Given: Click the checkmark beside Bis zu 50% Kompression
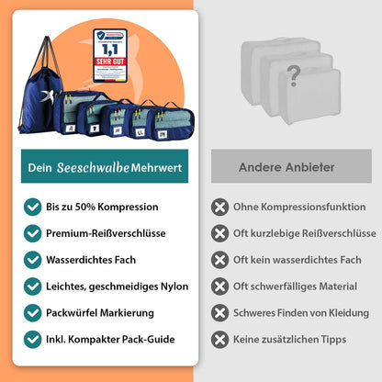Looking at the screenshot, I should [x=33, y=207].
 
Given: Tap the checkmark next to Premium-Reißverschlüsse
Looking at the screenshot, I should [x=33, y=233].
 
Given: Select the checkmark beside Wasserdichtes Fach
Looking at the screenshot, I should [x=33, y=260].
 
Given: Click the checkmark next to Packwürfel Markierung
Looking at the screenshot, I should [x=33, y=312].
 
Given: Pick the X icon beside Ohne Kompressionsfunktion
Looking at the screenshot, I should [x=220, y=207].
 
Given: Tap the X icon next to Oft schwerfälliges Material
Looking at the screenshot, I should [x=220, y=286].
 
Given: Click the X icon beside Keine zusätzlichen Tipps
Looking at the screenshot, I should [x=220, y=339].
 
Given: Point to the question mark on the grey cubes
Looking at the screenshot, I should [x=293, y=73].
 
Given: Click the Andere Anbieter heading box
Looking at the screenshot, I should [x=286, y=167].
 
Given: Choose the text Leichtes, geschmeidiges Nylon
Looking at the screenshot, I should [x=111, y=286].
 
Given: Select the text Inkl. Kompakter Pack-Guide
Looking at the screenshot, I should [x=110, y=339].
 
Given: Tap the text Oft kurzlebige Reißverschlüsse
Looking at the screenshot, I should [x=303, y=233].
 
